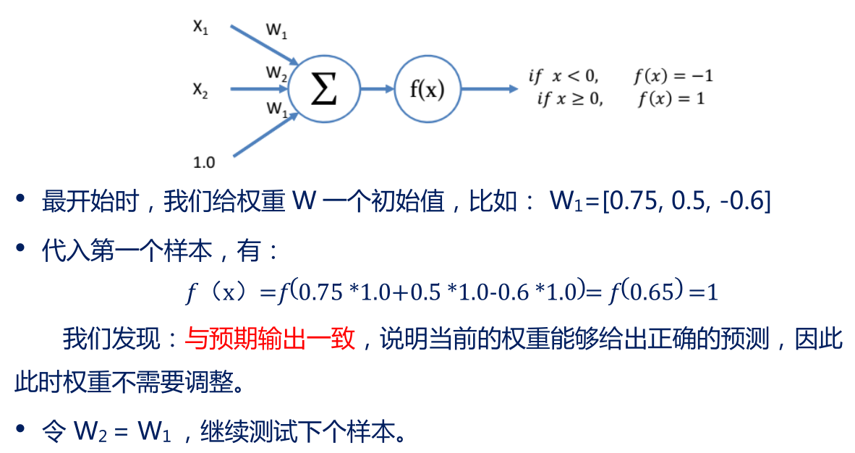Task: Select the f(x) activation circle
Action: click(427, 89)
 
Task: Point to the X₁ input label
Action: click(200, 27)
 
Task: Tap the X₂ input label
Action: click(200, 90)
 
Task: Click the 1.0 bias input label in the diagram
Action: click(203, 162)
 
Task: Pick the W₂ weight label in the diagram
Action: click(276, 72)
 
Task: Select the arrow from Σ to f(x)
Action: click(376, 89)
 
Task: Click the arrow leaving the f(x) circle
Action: click(489, 89)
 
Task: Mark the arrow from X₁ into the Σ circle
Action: click(263, 45)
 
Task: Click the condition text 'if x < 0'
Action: click(563, 75)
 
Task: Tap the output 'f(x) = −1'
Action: click(673, 75)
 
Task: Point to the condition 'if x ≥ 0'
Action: click(569, 99)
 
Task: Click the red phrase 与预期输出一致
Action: click(271, 339)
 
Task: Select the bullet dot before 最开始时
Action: click(22, 199)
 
